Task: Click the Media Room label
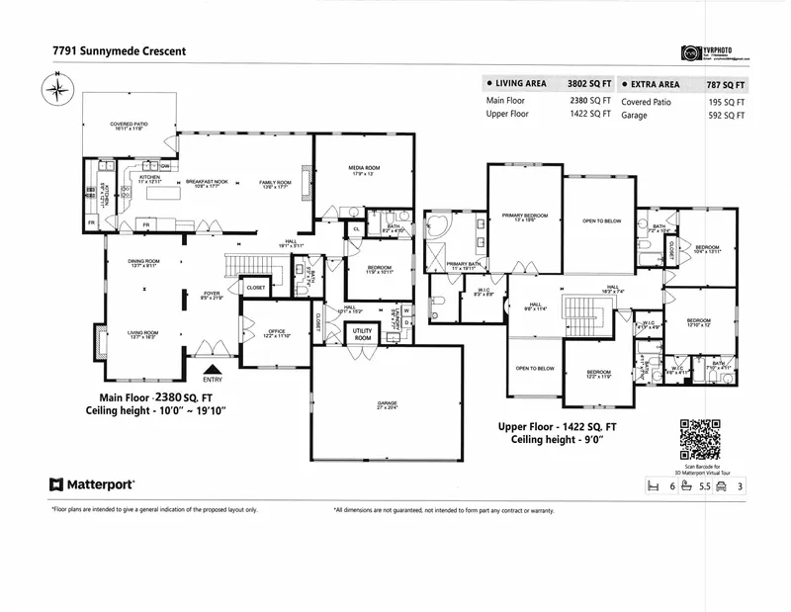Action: [x=364, y=170]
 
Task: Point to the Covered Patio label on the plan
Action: [x=129, y=126]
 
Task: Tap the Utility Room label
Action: [x=363, y=334]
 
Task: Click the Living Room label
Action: [x=145, y=333]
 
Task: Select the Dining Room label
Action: [x=144, y=262]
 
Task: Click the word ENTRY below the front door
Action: [x=212, y=379]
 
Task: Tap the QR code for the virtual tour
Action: [x=701, y=437]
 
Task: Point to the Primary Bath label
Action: [x=463, y=265]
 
